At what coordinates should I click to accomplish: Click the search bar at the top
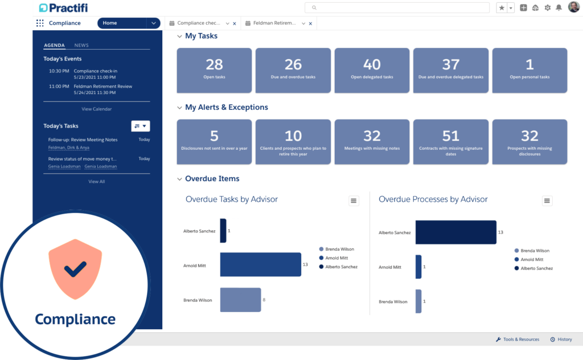pos(397,8)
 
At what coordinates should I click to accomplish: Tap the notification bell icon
pos(559,8)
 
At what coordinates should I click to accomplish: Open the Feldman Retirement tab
pos(271,23)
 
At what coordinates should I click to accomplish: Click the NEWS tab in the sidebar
pos(81,46)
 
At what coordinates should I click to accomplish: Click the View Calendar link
pos(97,109)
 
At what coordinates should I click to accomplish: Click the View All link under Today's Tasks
pos(97,182)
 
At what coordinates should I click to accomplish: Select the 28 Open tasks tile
pos(214,70)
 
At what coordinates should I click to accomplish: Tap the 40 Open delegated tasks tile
pos(372,70)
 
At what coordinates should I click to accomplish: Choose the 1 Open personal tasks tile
pos(529,70)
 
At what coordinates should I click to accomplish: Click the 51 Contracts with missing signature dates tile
pos(450,142)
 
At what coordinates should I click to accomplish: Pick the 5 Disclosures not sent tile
pos(214,142)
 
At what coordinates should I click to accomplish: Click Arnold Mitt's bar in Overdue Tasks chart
pos(260,265)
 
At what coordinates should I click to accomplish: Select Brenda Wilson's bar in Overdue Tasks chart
pos(240,300)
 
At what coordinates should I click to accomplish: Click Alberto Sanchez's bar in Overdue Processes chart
pos(455,232)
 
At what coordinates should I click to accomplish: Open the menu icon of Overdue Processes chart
pos(547,201)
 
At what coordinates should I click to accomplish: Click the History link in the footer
pos(561,339)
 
